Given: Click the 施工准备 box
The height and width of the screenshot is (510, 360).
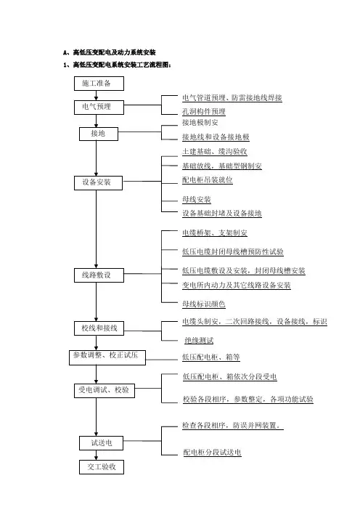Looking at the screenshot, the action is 99,84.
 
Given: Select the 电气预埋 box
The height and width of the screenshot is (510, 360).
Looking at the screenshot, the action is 99,108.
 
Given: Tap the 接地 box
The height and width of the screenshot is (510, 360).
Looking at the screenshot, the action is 99,134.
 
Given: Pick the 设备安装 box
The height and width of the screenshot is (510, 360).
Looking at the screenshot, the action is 98,183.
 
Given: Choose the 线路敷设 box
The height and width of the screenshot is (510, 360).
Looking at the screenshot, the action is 99,275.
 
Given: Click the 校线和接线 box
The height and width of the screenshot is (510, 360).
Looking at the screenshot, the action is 99,328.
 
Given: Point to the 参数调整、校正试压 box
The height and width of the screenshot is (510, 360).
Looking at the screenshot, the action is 107,357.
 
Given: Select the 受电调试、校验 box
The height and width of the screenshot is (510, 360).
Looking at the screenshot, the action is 105,390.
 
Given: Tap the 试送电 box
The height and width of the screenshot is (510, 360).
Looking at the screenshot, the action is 101,443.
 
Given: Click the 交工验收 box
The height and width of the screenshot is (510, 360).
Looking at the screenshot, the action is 102,467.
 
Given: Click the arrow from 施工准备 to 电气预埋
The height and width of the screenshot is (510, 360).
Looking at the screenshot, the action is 97,95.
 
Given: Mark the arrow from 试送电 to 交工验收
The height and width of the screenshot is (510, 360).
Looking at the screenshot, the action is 97,455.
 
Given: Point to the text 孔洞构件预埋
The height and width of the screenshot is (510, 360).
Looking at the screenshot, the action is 204,112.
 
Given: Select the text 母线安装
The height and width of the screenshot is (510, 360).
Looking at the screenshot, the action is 197,200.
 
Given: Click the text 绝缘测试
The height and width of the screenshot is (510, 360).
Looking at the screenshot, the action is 199,341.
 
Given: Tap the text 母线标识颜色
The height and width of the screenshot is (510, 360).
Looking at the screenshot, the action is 204,304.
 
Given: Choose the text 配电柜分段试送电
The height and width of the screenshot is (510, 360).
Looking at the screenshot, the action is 212,453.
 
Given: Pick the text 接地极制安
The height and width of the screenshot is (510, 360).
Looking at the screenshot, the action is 200,123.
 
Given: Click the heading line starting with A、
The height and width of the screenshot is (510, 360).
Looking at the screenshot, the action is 110,52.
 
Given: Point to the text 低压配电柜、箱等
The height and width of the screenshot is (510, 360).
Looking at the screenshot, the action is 211,357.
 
